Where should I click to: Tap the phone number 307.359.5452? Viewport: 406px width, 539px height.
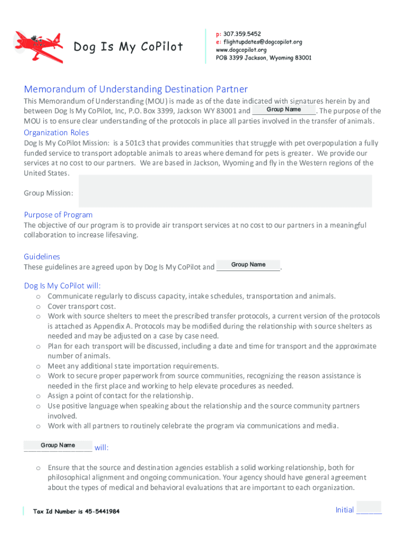coord(238,34)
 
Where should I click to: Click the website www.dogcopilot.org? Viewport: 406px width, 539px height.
coord(241,50)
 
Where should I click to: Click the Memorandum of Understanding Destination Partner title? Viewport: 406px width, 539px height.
coord(136,89)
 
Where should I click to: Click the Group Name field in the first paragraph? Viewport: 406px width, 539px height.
coord(284,109)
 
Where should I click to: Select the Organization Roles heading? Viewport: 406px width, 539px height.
coord(56,133)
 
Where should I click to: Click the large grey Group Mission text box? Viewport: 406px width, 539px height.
coord(225,191)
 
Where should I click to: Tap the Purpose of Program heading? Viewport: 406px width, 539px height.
coord(58,215)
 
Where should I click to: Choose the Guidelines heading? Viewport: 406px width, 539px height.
coord(42,257)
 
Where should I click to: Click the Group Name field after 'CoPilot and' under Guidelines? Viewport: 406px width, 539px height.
coord(248,265)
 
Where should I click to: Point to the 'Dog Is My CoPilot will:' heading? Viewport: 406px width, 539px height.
coord(62,286)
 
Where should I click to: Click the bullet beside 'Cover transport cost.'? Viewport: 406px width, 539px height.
coord(38,306)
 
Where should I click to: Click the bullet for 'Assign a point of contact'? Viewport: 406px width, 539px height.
coord(38,396)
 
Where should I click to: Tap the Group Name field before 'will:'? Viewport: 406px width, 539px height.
coord(58,445)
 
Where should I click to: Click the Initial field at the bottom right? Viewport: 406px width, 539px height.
coord(369,509)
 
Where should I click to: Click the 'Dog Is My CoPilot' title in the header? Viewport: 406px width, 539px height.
coord(128,47)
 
